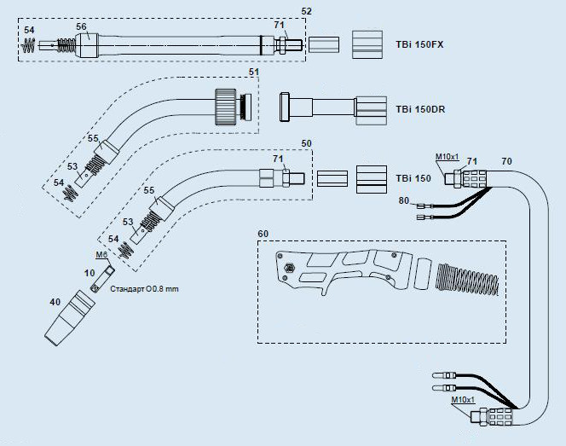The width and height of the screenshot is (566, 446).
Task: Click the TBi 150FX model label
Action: pyautogui.click(x=419, y=45)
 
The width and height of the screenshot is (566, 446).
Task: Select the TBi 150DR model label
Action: pyautogui.click(x=420, y=109)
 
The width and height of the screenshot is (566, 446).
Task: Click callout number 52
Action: pyautogui.click(x=306, y=11)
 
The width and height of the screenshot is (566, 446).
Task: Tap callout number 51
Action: pyautogui.click(x=254, y=72)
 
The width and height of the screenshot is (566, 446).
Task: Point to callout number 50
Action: pyautogui.click(x=306, y=143)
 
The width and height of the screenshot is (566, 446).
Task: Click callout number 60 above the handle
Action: pyautogui.click(x=263, y=234)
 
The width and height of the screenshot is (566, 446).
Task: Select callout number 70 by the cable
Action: pyautogui.click(x=507, y=161)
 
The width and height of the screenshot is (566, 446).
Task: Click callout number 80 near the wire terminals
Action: pyautogui.click(x=404, y=200)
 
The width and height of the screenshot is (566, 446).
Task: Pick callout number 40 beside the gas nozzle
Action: pyautogui.click(x=55, y=302)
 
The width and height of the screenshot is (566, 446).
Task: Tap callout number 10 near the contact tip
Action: pyautogui.click(x=90, y=273)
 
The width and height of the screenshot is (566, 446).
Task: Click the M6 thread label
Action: pyautogui.click(x=101, y=255)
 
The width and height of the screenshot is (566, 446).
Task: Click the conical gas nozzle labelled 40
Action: pyautogui.click(x=70, y=318)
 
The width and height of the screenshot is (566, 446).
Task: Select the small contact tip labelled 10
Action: pyautogui.click(x=103, y=279)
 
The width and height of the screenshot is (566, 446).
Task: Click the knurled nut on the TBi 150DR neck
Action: pyautogui.click(x=225, y=107)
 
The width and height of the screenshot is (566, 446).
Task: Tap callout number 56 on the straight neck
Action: pyautogui.click(x=81, y=26)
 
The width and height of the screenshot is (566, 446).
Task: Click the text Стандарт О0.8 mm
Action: pyautogui.click(x=144, y=289)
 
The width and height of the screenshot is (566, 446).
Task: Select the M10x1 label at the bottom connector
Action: pyautogui.click(x=463, y=399)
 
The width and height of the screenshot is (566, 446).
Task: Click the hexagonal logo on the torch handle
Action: pyautogui.click(x=290, y=268)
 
